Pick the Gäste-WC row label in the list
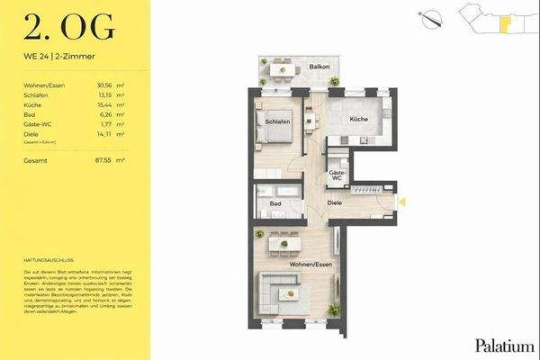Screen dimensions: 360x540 point(39,125)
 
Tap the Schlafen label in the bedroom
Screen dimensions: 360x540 point(276,118)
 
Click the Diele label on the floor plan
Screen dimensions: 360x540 point(335,202)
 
